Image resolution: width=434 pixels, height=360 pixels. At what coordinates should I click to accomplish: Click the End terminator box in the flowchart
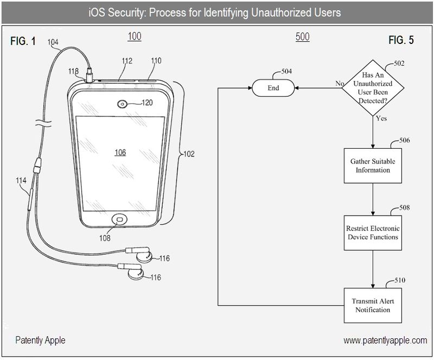point(273,87)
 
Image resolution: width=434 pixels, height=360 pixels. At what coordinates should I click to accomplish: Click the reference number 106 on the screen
point(120,153)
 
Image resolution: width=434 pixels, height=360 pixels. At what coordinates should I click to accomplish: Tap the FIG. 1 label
point(23,41)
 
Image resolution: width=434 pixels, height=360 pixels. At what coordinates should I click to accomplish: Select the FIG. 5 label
point(401,41)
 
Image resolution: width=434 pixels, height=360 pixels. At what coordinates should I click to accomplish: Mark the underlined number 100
point(134,37)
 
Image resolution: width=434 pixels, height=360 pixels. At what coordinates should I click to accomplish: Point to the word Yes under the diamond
point(381,118)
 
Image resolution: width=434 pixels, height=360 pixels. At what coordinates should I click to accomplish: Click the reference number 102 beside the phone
point(189,154)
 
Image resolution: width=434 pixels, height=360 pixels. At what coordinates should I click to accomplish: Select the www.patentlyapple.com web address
point(385,340)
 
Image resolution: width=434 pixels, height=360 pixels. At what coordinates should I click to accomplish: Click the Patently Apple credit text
point(40,340)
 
